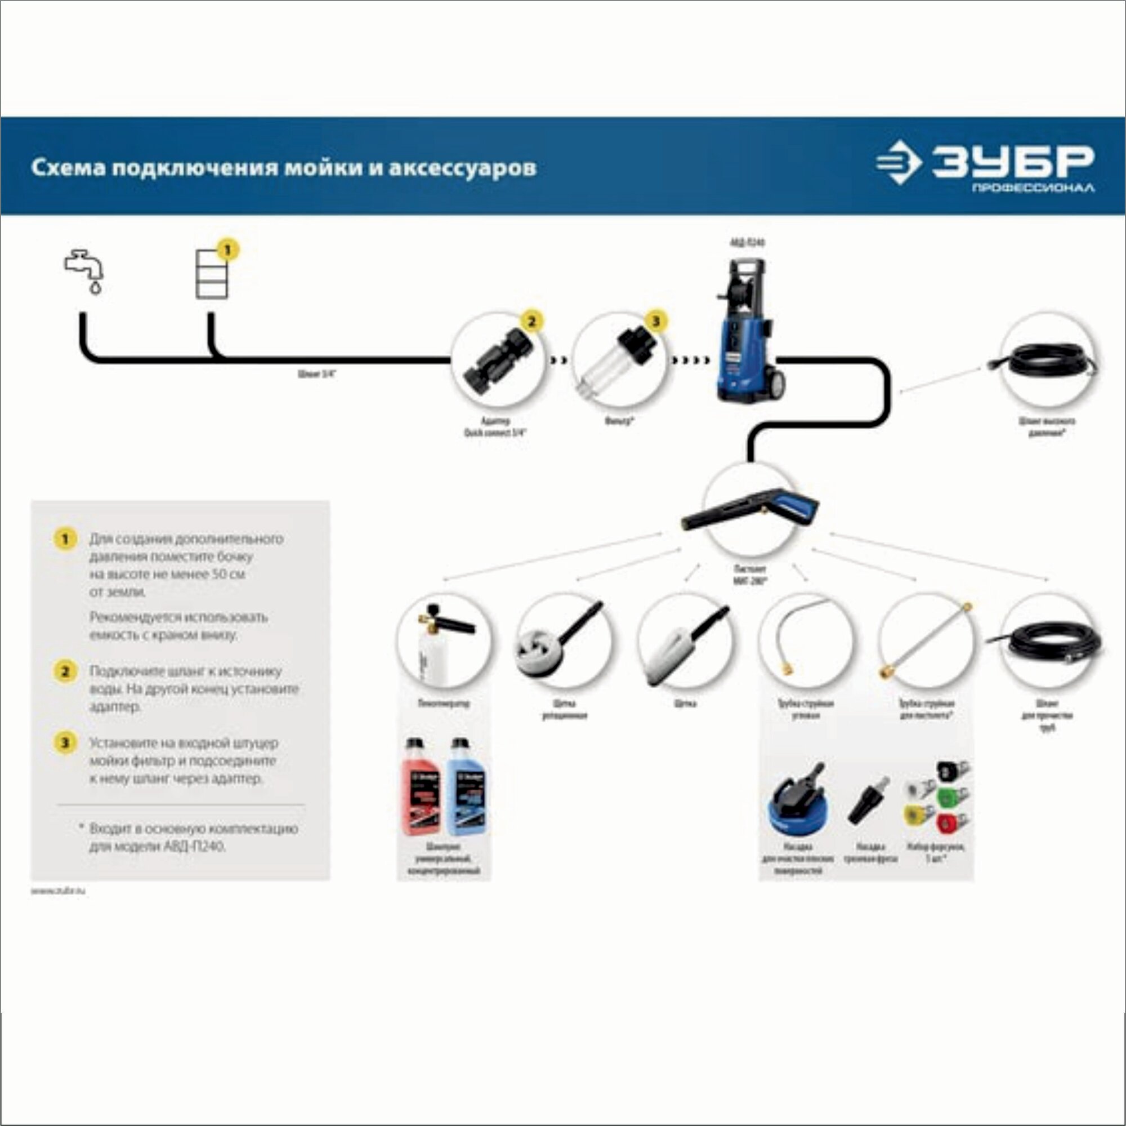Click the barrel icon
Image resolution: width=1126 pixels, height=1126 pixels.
[x=212, y=274]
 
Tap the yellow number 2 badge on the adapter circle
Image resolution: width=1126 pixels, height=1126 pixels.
[x=531, y=321]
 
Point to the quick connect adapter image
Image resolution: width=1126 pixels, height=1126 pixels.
[x=498, y=360]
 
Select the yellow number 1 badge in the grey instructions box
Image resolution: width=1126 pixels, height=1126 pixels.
[x=65, y=539]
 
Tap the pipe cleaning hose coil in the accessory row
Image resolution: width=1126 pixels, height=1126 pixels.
[x=1049, y=644]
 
